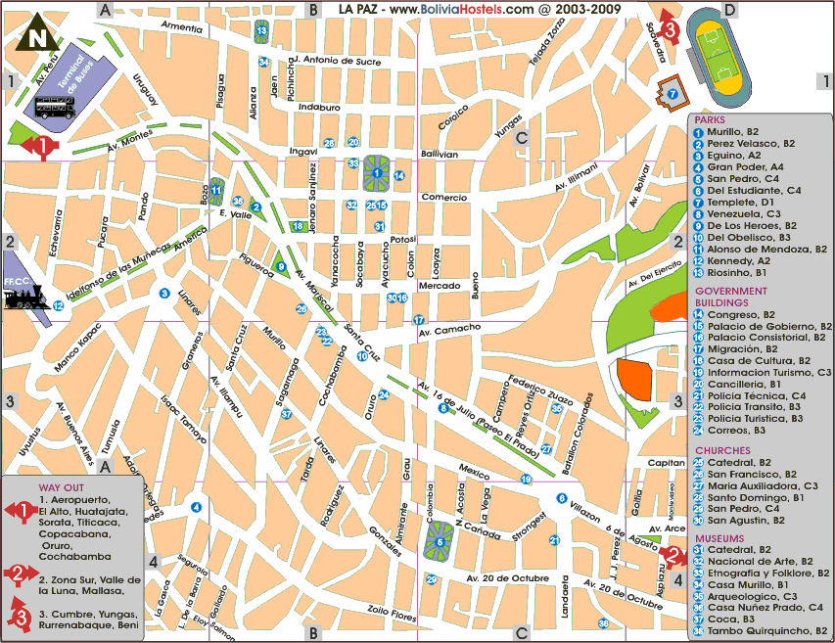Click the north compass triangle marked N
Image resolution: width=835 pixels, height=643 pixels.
37,32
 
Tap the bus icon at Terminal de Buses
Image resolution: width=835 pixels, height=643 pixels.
56,107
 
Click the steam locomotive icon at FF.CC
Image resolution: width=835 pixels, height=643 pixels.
27,298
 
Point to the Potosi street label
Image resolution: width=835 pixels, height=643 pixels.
402,239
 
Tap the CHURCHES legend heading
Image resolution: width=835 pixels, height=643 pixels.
722,450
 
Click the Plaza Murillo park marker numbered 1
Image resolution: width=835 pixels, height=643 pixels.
377,173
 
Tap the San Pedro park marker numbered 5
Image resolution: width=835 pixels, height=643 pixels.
440,541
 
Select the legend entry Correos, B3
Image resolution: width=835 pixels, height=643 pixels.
736,429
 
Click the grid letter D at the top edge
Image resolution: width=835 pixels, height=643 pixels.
730,11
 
